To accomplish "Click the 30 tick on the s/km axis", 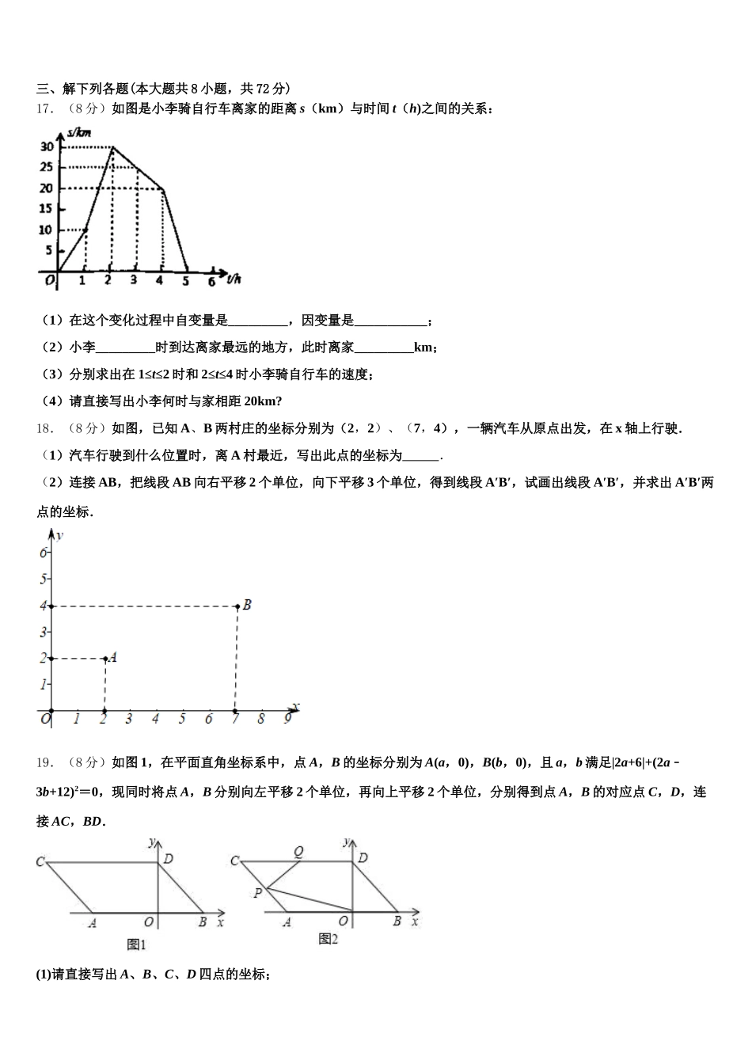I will pyautogui.click(x=47, y=146).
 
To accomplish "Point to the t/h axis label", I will pyautogui.click(x=234, y=279).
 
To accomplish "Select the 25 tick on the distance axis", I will pyautogui.click(x=47, y=167).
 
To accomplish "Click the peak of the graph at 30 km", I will pyautogui.click(x=112, y=147).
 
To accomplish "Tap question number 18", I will pyautogui.click(x=44, y=428).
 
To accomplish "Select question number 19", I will pyautogui.click(x=44, y=762).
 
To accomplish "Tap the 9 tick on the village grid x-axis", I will pyautogui.click(x=287, y=719).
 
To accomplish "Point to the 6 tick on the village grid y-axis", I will pyautogui.click(x=44, y=553).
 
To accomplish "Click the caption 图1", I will pyautogui.click(x=137, y=944).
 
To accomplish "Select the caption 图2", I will pyautogui.click(x=328, y=939).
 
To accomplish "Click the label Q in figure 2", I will pyautogui.click(x=298, y=852).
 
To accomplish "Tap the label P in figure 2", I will pyautogui.click(x=257, y=893).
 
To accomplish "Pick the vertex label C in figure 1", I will pyautogui.click(x=40, y=861).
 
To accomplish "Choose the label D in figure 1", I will pyautogui.click(x=168, y=858).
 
